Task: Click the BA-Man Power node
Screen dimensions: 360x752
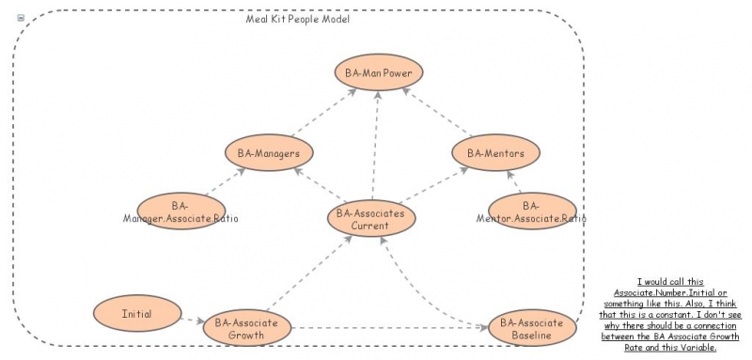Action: pos(379,71)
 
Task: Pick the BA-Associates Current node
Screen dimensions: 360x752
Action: pos(370,219)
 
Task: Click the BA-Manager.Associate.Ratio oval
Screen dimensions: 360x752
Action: pos(180,212)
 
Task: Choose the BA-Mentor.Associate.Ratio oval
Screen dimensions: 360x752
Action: pos(531,212)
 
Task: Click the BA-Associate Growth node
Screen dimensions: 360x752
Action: pos(246,328)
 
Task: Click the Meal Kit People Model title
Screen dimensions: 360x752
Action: pos(291,19)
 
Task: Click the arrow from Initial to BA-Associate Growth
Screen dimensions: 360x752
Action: pos(191,320)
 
